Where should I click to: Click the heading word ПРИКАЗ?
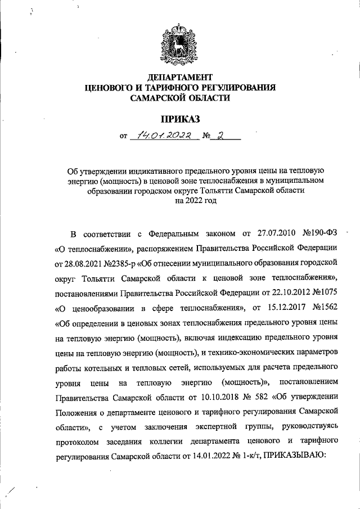pos(180,118)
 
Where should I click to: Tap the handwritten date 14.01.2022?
pos(163,135)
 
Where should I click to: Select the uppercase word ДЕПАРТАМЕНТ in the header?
pos(180,76)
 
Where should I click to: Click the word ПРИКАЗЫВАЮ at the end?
pos(292,456)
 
